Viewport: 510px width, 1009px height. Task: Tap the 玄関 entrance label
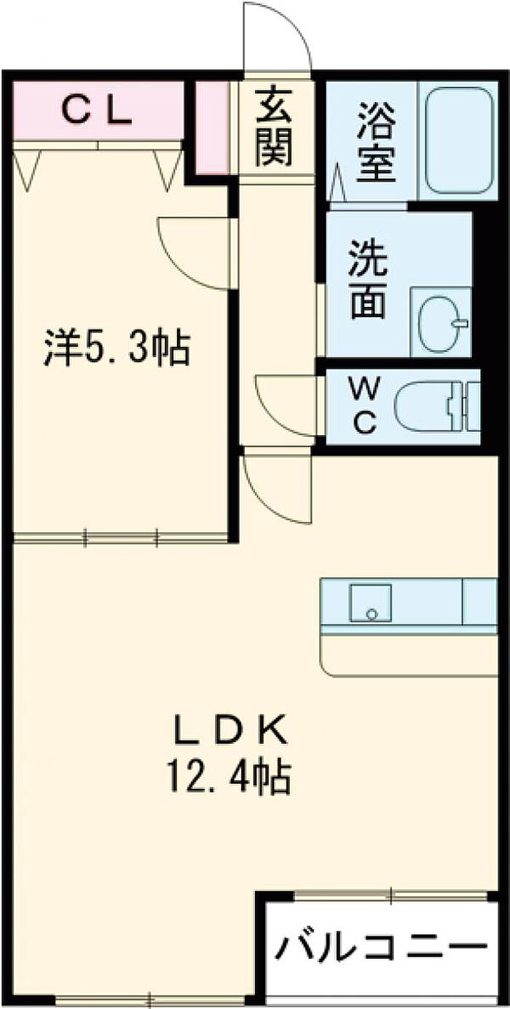pyautogui.click(x=273, y=125)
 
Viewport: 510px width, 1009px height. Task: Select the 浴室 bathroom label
pyautogui.click(x=376, y=144)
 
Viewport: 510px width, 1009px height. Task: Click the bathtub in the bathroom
pyautogui.click(x=459, y=140)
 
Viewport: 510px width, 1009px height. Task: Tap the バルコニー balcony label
pyautogui.click(x=380, y=947)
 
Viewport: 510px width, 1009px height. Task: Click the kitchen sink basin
pyautogui.click(x=370, y=602)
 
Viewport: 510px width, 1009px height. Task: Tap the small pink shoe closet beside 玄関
pyautogui.click(x=212, y=127)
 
